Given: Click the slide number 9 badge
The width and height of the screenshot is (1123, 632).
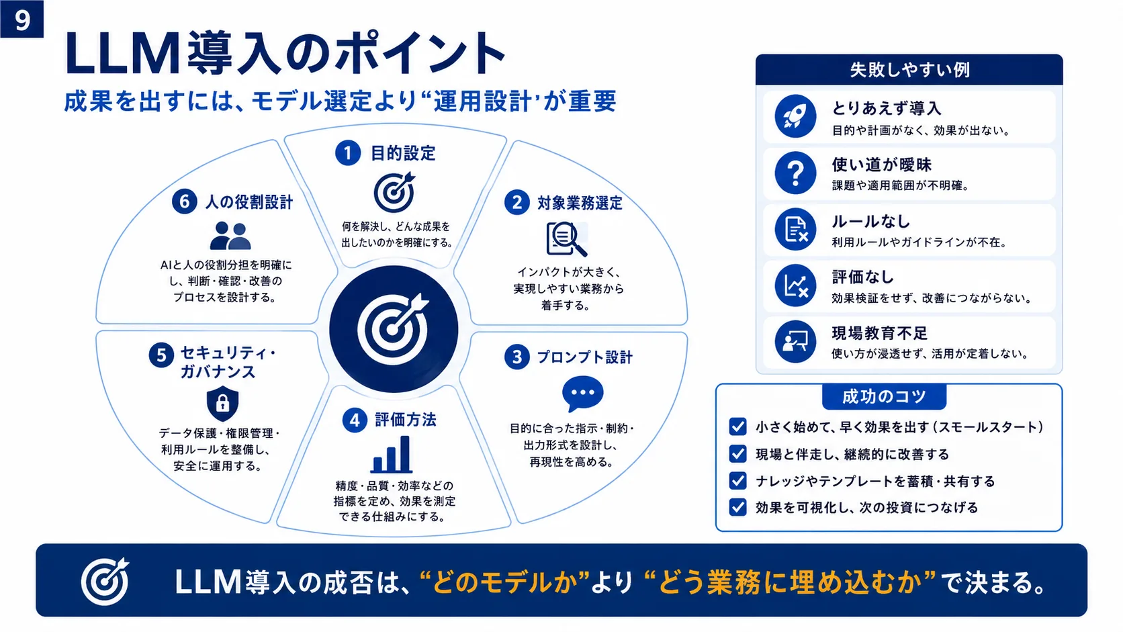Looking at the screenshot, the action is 21,19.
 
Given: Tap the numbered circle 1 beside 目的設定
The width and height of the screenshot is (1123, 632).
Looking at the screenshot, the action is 348,152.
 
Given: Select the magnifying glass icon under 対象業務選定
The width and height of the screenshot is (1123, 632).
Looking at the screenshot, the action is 566,238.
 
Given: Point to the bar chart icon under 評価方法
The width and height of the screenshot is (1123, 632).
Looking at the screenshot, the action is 392,455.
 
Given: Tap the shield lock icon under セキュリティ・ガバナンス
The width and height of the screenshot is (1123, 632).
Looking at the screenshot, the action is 222,403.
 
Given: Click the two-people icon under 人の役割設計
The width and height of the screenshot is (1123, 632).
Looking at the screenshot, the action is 230,236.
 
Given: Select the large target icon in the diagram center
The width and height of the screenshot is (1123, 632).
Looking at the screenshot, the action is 394,329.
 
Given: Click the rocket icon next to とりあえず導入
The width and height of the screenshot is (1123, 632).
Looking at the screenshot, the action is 795,116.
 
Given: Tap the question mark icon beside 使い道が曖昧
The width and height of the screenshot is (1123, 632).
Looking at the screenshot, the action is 795,173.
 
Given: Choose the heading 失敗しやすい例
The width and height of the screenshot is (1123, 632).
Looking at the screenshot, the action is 909,70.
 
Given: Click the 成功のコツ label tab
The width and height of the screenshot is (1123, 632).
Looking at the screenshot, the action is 884,396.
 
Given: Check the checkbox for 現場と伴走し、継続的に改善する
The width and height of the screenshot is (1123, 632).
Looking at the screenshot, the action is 737,453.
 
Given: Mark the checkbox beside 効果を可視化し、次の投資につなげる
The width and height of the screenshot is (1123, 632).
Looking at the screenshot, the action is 737,507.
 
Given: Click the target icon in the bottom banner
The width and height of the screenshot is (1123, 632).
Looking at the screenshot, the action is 105,582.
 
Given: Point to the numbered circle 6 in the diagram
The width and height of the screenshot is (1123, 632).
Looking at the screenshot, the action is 185,201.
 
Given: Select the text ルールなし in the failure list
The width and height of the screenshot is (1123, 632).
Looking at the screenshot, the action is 870,221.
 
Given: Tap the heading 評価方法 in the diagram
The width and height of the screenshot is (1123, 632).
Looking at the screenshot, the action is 406,420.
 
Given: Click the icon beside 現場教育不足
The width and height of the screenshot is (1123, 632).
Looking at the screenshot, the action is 795,342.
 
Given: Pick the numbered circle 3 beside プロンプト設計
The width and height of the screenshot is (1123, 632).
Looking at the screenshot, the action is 517,357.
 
